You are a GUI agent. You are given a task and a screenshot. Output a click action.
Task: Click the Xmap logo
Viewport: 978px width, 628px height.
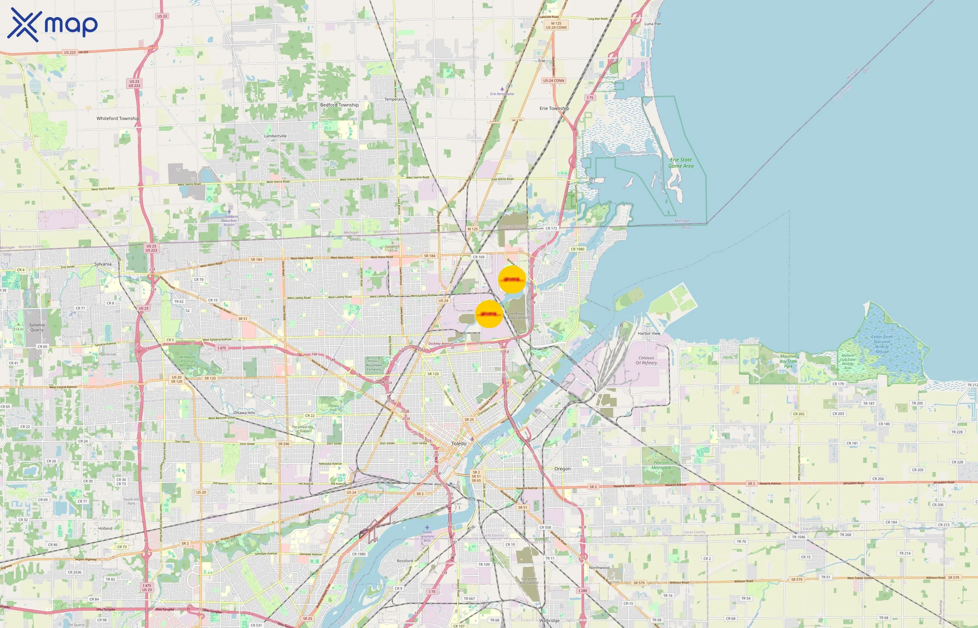click(x=52, y=25)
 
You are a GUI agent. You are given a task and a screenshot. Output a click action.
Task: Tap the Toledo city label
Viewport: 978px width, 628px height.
click(x=459, y=443)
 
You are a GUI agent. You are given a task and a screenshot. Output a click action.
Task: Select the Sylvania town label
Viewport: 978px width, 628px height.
click(x=103, y=264)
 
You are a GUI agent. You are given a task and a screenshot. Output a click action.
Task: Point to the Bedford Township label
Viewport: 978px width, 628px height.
click(x=339, y=105)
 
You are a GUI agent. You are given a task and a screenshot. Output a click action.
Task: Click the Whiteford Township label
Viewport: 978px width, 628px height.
click(x=118, y=118)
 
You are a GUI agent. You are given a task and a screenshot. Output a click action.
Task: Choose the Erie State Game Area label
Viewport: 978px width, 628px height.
click(x=681, y=163)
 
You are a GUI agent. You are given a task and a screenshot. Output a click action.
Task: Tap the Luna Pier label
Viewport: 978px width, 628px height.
click(x=653, y=24)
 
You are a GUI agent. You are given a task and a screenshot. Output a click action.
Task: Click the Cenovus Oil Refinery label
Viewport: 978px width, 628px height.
click(x=646, y=360)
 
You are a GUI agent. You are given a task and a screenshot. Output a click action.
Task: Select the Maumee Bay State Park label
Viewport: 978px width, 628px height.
click(x=788, y=361)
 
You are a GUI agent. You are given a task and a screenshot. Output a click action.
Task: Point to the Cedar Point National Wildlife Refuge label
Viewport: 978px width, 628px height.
click(x=882, y=344)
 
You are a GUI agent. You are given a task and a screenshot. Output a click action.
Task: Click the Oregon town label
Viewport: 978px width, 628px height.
click(x=562, y=469)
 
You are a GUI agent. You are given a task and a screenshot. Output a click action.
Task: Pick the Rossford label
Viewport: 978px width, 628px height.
click(x=405, y=561)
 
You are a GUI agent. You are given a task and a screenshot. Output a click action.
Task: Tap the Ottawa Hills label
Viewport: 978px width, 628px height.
click(x=244, y=413)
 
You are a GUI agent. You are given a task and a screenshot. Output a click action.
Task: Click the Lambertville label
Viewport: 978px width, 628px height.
click(x=275, y=136)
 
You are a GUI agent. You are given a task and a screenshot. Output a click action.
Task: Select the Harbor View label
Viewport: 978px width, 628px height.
click(x=649, y=333)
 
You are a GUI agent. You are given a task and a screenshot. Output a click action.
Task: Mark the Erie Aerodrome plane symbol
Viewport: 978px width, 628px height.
click(x=502, y=89)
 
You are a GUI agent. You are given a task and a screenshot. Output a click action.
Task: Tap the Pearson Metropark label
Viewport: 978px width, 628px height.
click(x=661, y=465)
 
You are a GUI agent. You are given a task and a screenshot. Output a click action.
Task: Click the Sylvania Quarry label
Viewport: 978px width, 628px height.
click(x=37, y=328)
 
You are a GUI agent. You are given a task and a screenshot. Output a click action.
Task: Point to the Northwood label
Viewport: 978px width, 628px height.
click(x=599, y=568)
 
